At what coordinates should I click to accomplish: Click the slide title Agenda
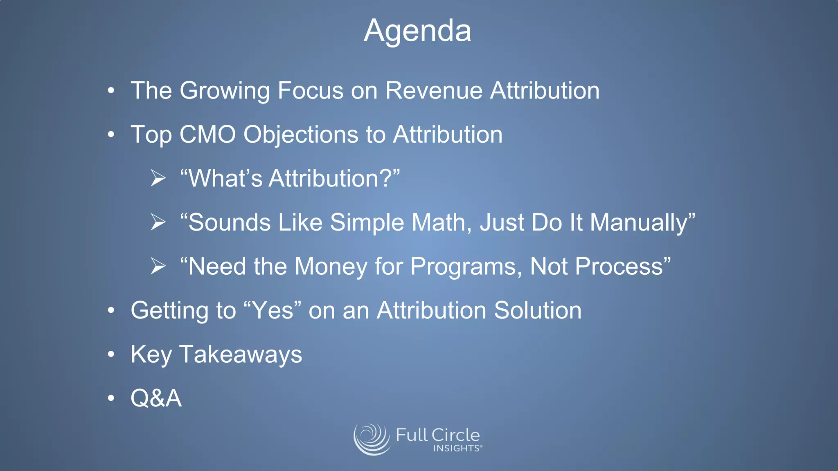[x=417, y=31]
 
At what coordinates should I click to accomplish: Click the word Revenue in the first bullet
[x=434, y=90]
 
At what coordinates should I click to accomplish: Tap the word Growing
[x=225, y=91]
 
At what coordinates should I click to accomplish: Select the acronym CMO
[x=207, y=135]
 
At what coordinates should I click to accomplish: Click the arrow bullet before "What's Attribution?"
[x=158, y=178]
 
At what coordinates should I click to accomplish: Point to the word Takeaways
[x=241, y=354]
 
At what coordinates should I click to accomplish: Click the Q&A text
[x=156, y=398]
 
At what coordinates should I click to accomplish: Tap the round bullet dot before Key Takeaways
[x=111, y=354]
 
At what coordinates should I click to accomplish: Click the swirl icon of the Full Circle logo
[x=372, y=439]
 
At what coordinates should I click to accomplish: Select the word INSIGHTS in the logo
[x=456, y=448]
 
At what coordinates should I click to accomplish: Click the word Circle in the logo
[x=455, y=435]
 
